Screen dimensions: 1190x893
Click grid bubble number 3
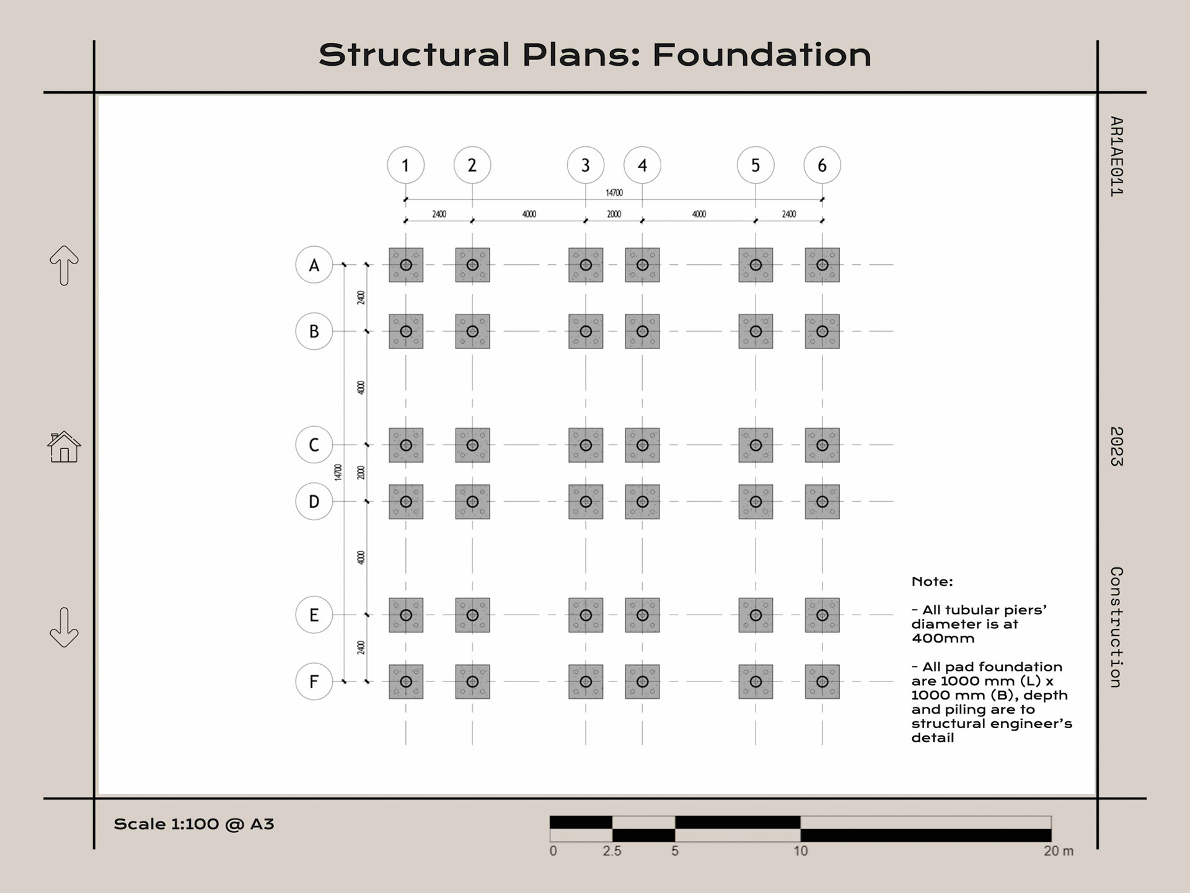[585, 165]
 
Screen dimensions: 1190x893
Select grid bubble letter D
[314, 501]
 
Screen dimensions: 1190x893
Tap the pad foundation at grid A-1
[406, 265]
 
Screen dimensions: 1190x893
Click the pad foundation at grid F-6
[822, 682]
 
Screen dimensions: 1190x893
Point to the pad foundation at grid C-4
[642, 445]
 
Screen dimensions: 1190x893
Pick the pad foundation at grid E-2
[472, 615]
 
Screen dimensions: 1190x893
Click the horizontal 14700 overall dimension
[614, 193]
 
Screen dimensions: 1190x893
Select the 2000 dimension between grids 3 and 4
[614, 214]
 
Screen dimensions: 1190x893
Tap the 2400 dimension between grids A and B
[361, 298]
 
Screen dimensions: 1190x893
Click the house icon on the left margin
[64, 446]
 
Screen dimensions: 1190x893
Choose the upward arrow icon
[64, 265]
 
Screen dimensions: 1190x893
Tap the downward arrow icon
[64, 628]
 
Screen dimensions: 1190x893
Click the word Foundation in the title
[761, 55]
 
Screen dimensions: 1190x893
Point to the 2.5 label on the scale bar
[612, 851]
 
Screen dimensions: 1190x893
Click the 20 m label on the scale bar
[1058, 851]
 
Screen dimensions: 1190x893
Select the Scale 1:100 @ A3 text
[193, 824]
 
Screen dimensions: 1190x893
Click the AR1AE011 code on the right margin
[1116, 156]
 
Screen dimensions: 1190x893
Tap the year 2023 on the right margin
[1116, 446]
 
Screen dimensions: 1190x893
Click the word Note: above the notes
[932, 582]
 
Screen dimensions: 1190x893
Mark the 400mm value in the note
[942, 638]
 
